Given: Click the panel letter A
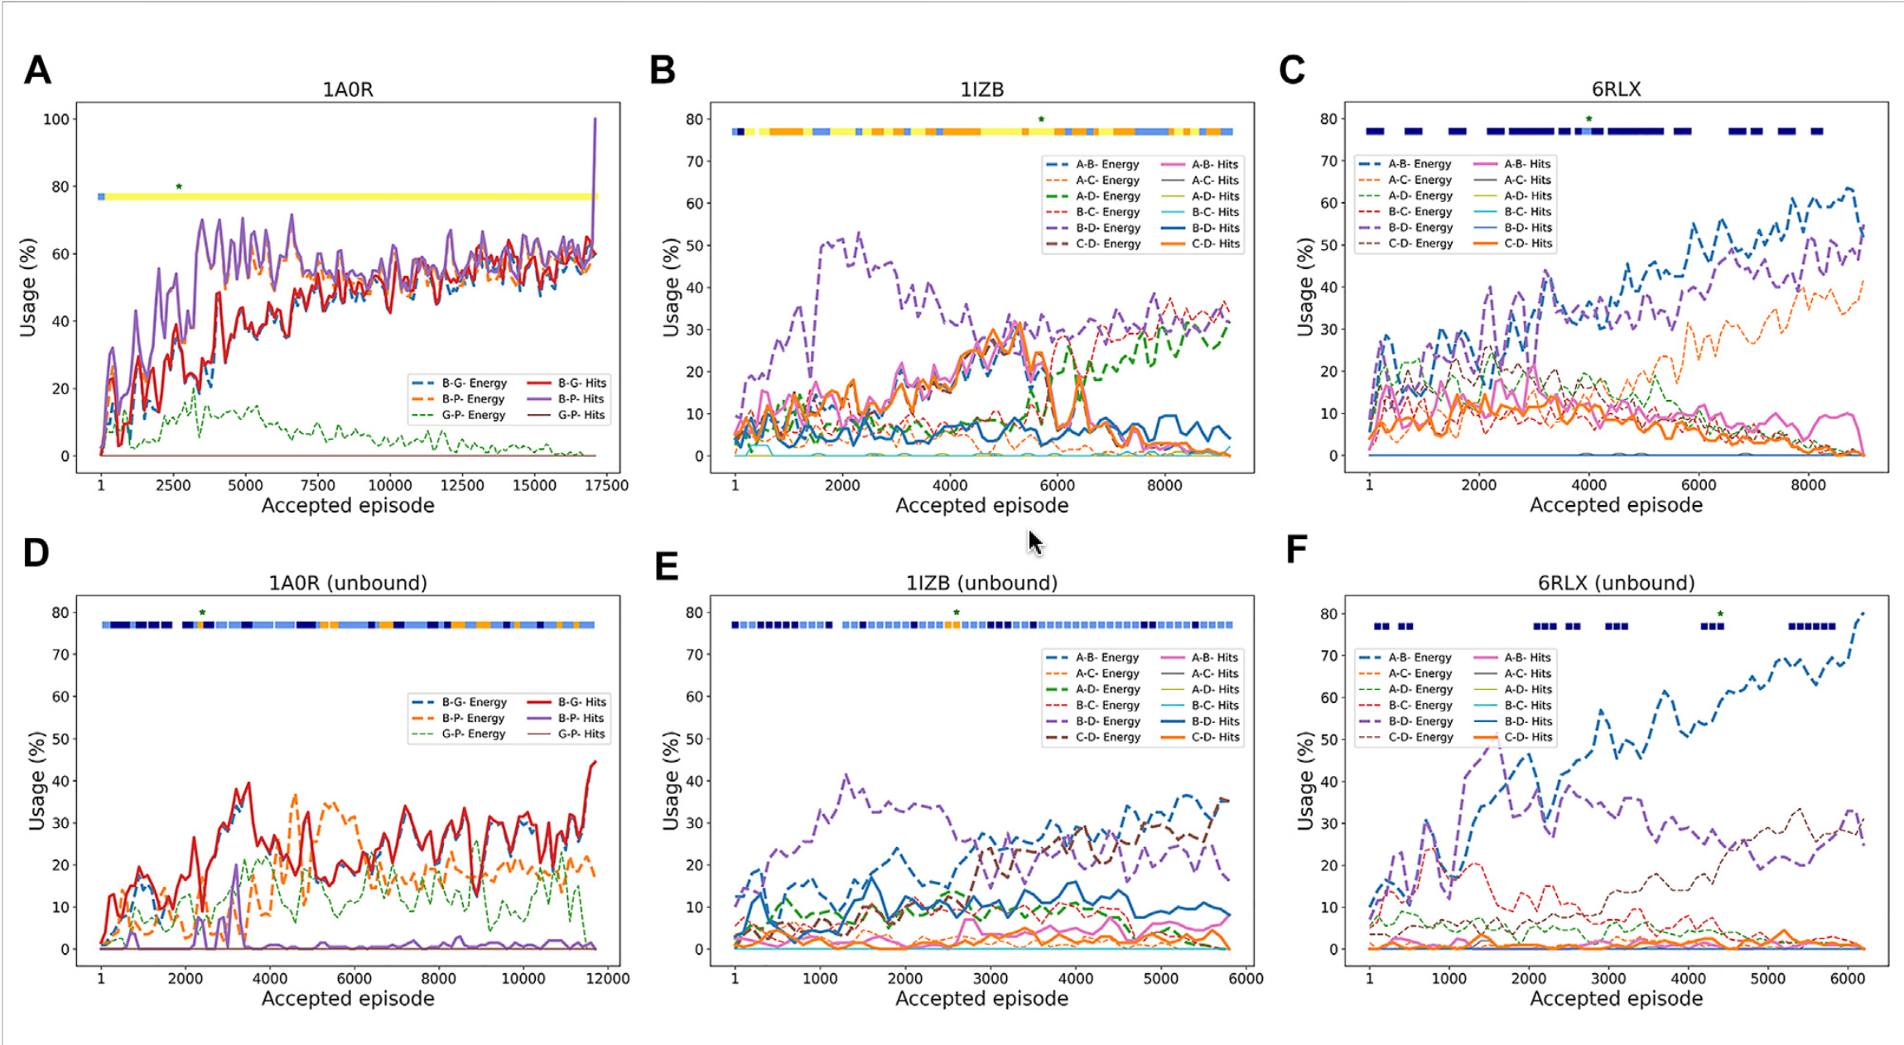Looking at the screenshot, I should (37, 70).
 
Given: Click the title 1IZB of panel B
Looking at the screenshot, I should (981, 89).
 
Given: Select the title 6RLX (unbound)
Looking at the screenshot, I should (1616, 583).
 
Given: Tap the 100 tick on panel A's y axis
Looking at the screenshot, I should (56, 119).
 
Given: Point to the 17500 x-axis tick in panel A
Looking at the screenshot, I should (606, 485).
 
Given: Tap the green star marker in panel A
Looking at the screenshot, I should (179, 187).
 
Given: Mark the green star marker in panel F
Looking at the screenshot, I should (1720, 614).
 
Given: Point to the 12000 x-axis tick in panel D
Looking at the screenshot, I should (608, 979).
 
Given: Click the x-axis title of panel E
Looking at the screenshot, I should (981, 999).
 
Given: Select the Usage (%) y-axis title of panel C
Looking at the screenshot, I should (1306, 287).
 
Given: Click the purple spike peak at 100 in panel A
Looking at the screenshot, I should (595, 119).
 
